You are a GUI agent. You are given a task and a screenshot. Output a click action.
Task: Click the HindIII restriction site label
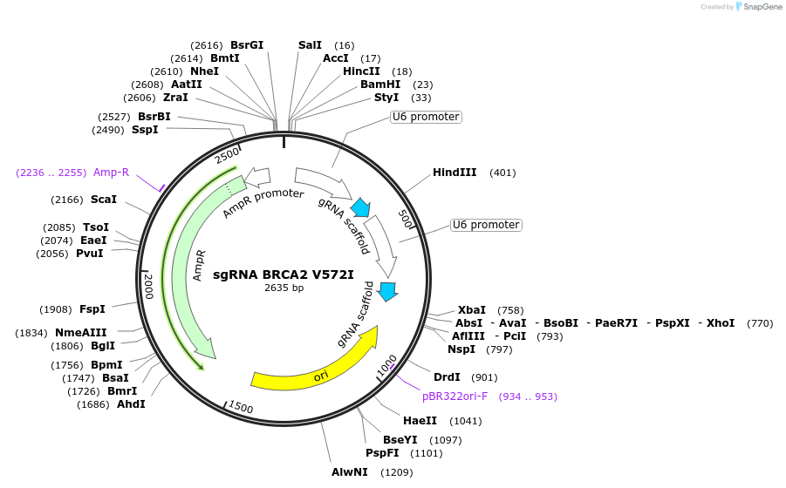pos(455,173)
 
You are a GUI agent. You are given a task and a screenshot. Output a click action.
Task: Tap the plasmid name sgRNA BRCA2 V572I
pos(284,274)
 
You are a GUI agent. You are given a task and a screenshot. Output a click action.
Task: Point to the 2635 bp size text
pos(284,288)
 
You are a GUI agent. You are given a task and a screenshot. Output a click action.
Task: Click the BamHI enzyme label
pos(380,84)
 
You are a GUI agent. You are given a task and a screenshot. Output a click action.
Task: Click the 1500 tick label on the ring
pos(241,407)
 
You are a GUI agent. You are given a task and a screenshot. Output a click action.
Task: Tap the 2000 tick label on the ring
pos(148,287)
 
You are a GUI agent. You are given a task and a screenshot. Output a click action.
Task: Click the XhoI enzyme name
pos(721,322)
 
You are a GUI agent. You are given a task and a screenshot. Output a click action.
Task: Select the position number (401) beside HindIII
pos(502,173)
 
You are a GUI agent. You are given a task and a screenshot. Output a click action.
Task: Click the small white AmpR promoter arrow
pos(257,176)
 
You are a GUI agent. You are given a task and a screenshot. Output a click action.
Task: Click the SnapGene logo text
pos(762,7)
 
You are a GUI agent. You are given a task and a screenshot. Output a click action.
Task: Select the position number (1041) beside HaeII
pos(466,421)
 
